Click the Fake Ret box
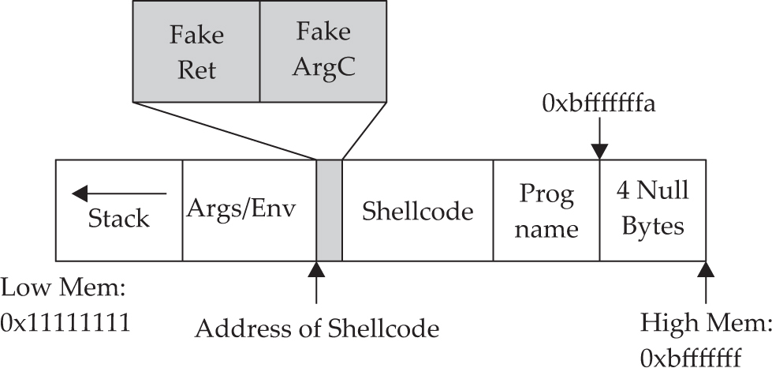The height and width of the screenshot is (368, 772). (196, 51)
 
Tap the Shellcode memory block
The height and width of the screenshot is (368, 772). (417, 211)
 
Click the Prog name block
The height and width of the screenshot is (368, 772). (546, 211)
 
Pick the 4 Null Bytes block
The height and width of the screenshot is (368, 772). (653, 210)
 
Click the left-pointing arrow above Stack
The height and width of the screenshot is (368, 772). (118, 193)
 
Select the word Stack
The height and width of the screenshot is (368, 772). (118, 218)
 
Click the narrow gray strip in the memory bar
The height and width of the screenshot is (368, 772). (329, 210)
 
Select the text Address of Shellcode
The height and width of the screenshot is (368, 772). (316, 326)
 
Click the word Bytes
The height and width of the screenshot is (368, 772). (653, 226)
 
